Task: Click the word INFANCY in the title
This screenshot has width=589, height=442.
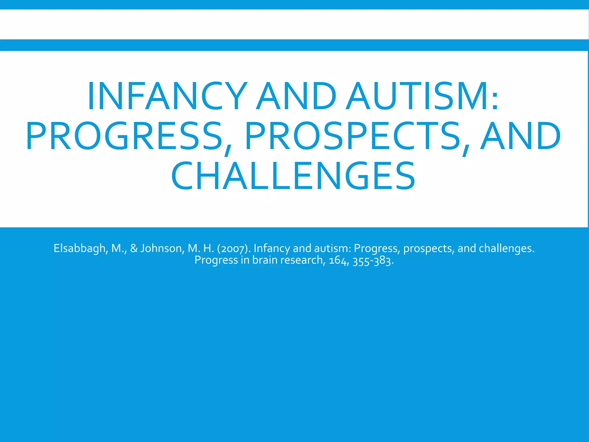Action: pyautogui.click(x=167, y=96)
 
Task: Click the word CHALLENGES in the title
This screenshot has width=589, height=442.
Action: pyautogui.click(x=293, y=176)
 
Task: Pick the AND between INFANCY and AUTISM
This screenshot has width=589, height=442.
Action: pyautogui.click(x=296, y=96)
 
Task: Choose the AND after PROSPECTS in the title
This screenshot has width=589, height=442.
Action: pyautogui.click(x=521, y=136)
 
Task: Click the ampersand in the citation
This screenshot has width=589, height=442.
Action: pyautogui.click(x=134, y=248)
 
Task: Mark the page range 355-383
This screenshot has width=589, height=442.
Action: pyautogui.click(x=373, y=260)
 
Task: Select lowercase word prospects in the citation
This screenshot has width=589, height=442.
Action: pyautogui.click(x=429, y=248)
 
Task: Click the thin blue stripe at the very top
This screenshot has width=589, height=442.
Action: pyautogui.click(x=294, y=4)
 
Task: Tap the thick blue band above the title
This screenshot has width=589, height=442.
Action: pyautogui.click(x=294, y=45)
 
